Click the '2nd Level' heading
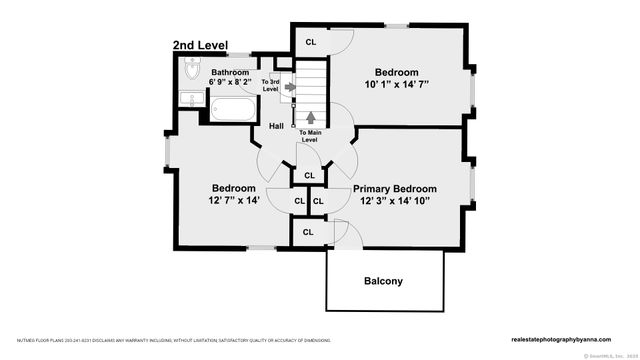tap(200, 46)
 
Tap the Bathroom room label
tap(229, 72)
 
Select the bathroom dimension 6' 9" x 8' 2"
tap(229, 83)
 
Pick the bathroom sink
tap(190, 98)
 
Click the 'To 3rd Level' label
tap(270, 85)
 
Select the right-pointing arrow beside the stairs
tap(290, 87)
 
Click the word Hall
tap(277, 126)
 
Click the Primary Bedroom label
tap(395, 188)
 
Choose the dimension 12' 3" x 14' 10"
tap(395, 201)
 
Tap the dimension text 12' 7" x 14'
tap(233, 201)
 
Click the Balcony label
tap(382, 281)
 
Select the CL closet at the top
tap(310, 41)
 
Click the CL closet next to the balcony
tap(309, 233)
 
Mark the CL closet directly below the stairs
tap(309, 175)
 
